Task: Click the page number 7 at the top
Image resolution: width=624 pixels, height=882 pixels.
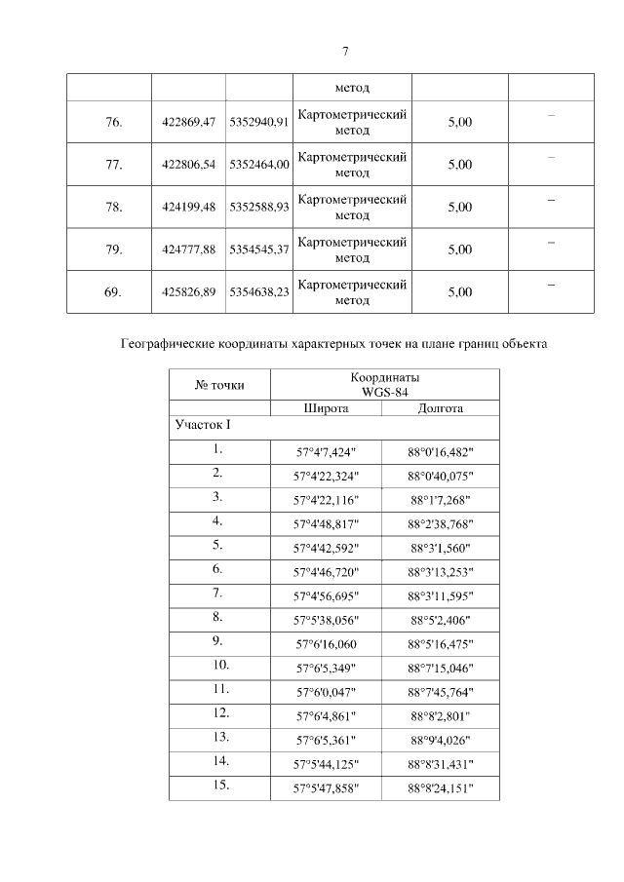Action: pos(345,52)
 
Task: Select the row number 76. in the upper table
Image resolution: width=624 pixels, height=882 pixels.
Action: pos(113,122)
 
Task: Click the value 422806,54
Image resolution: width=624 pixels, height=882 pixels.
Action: pos(188,165)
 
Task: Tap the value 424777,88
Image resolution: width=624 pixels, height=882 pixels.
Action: pos(188,249)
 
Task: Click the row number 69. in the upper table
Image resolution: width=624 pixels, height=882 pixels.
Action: pos(113,291)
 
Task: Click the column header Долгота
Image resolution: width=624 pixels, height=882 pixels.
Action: pos(440,408)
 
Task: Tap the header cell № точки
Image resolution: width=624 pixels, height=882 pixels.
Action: pos(219,385)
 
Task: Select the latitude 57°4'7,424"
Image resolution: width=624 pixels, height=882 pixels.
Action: pos(327,452)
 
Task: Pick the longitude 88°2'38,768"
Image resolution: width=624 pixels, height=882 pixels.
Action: pos(440,522)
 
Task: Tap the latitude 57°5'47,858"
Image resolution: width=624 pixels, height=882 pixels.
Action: pos(327,787)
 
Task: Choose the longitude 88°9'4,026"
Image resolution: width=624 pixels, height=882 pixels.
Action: pos(440,740)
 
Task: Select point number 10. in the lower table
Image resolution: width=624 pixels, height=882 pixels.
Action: pos(219,665)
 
